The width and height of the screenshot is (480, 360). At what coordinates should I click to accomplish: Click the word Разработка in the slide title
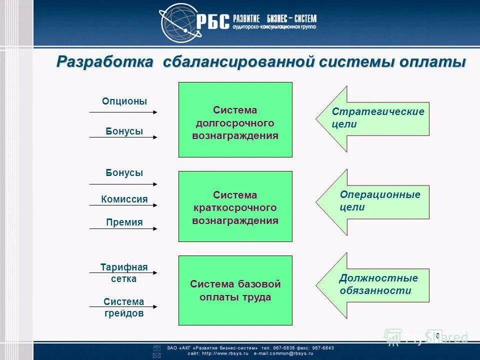pos(105,62)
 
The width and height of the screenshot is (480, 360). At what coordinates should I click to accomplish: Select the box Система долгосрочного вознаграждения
pos(235,120)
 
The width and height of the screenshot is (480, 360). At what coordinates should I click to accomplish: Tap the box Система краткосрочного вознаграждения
pos(235,206)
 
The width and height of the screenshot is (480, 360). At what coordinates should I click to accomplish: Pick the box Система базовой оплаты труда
pos(235,290)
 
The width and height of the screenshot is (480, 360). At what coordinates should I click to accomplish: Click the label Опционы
pos(124,101)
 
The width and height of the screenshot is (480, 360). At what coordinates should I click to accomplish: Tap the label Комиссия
pos(124,199)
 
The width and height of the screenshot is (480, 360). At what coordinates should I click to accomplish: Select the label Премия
pos(124,222)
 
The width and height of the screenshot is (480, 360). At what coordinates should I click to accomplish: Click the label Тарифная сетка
pos(124,273)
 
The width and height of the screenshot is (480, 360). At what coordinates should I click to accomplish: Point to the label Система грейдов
pos(124,307)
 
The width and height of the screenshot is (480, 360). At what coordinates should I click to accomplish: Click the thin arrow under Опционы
pos(123,112)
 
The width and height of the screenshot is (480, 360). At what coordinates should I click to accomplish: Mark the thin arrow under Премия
pos(123,229)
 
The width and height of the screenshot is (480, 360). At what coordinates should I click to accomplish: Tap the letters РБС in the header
pos(213,21)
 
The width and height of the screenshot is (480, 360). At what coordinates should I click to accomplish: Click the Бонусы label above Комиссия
pos(124,173)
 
